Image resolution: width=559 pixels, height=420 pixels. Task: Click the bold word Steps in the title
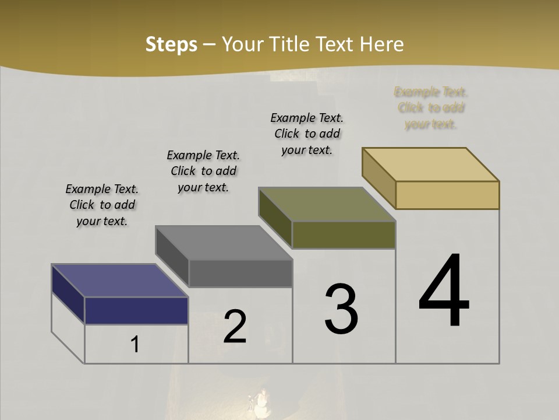pos(171,44)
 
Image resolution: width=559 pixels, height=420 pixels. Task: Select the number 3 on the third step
pos(341,309)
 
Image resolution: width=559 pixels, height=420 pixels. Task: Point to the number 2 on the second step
pos(235,327)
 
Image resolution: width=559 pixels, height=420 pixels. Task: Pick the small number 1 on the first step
pos(135,345)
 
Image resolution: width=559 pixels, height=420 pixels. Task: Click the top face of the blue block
pos(119,281)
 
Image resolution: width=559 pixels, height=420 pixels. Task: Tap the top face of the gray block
pos(224,243)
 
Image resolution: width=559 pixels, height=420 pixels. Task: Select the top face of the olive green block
pos(327,204)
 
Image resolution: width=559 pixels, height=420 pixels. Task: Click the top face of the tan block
pos(431,164)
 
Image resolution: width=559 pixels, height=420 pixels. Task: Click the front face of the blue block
pos(136,310)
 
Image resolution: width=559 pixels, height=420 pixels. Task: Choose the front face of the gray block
pos(240,273)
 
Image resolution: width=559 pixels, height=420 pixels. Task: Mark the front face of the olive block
pos(344,235)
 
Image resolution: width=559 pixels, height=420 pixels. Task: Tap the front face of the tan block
pos(447,195)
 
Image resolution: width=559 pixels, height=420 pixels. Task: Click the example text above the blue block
pos(102,205)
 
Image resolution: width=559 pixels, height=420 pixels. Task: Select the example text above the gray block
pos(203,171)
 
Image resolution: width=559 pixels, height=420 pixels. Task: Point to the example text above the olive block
pos(307,134)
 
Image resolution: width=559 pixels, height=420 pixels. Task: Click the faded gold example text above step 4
pos(431,108)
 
